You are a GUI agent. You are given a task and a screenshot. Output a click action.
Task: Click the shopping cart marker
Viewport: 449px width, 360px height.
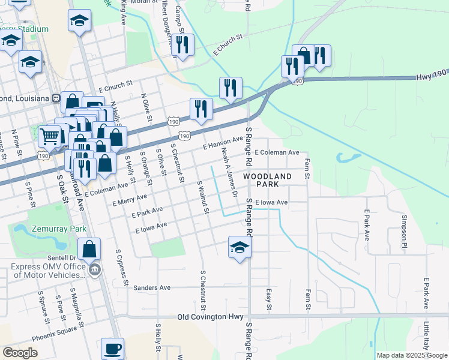[50, 136]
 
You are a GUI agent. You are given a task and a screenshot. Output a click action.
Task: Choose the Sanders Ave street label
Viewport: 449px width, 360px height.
[152, 287]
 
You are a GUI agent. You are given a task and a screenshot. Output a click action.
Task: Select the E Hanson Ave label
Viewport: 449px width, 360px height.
[223, 143]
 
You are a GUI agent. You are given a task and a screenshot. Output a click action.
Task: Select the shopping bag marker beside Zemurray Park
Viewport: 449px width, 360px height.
[89, 249]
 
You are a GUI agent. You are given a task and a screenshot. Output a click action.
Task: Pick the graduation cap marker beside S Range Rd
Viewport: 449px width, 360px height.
[239, 248]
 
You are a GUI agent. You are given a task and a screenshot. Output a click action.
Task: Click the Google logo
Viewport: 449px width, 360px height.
[20, 353]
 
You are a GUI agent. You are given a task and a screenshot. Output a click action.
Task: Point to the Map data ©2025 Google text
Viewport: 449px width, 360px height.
[412, 355]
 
